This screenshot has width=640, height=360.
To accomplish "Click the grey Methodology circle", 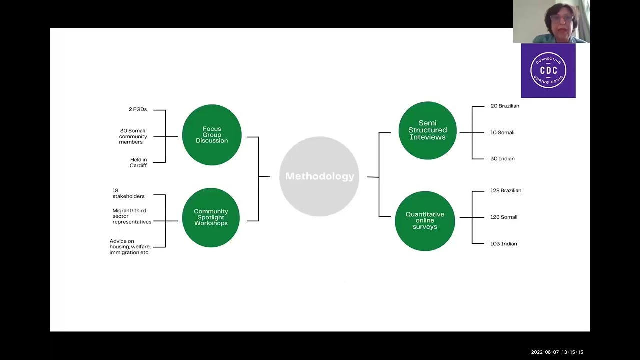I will coord(319,176).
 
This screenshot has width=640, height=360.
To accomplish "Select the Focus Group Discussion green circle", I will coord(212,135).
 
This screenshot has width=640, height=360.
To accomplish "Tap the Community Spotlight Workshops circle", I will coord(211,217).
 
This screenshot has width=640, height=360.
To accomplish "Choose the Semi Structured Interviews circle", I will coord(427,130).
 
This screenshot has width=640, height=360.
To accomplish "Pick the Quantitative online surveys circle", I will coord(425,221).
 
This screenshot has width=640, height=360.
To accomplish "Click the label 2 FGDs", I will coord(138,109).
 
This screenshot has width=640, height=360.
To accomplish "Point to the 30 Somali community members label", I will coord(133,136).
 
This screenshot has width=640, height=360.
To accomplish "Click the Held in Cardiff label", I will coord(138,162).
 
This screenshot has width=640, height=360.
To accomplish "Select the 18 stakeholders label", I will coord(128,193).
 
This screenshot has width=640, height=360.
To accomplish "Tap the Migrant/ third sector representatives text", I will coord(132,216).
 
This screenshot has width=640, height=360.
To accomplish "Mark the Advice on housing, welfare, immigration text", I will coord(130,247).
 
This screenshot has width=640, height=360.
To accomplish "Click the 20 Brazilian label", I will coord(505,106).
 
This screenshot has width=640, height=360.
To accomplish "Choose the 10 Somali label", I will coord(502,132).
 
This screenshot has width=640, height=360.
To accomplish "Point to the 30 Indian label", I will coord(502,159).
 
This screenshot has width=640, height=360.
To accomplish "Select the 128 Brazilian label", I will coord(506,190).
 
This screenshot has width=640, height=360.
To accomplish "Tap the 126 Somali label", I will coord(504,217).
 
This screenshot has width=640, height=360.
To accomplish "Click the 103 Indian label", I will coord(504,244).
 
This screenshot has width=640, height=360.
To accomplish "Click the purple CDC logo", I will coord(548,71).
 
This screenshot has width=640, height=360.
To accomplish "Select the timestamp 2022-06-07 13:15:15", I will coord(557,352).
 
